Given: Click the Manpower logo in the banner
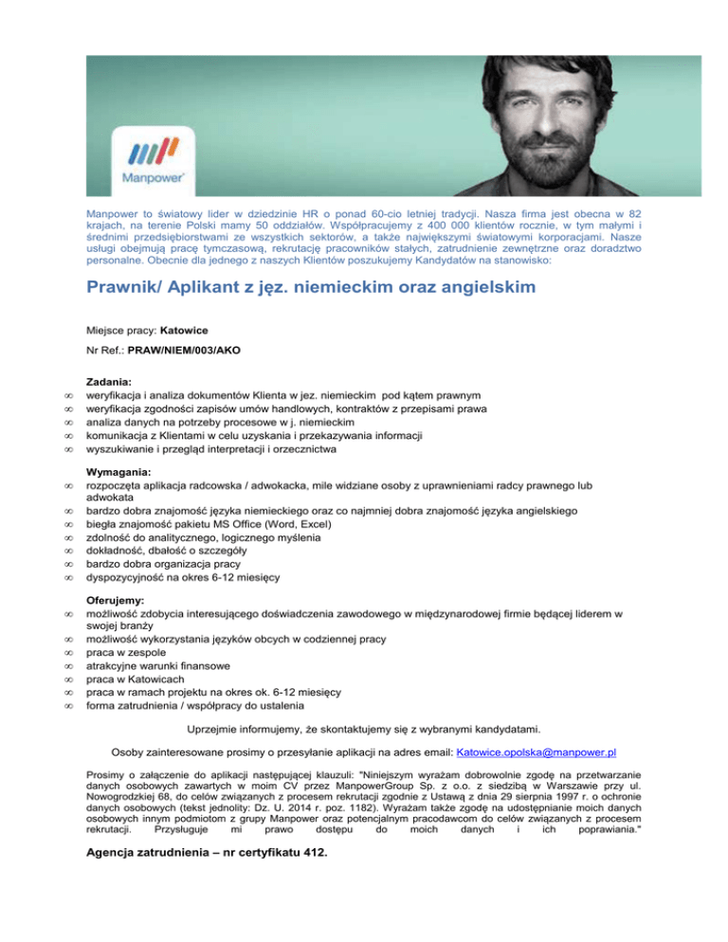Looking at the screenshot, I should click(x=151, y=154).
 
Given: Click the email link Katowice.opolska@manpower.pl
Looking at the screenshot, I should click(x=537, y=752).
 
